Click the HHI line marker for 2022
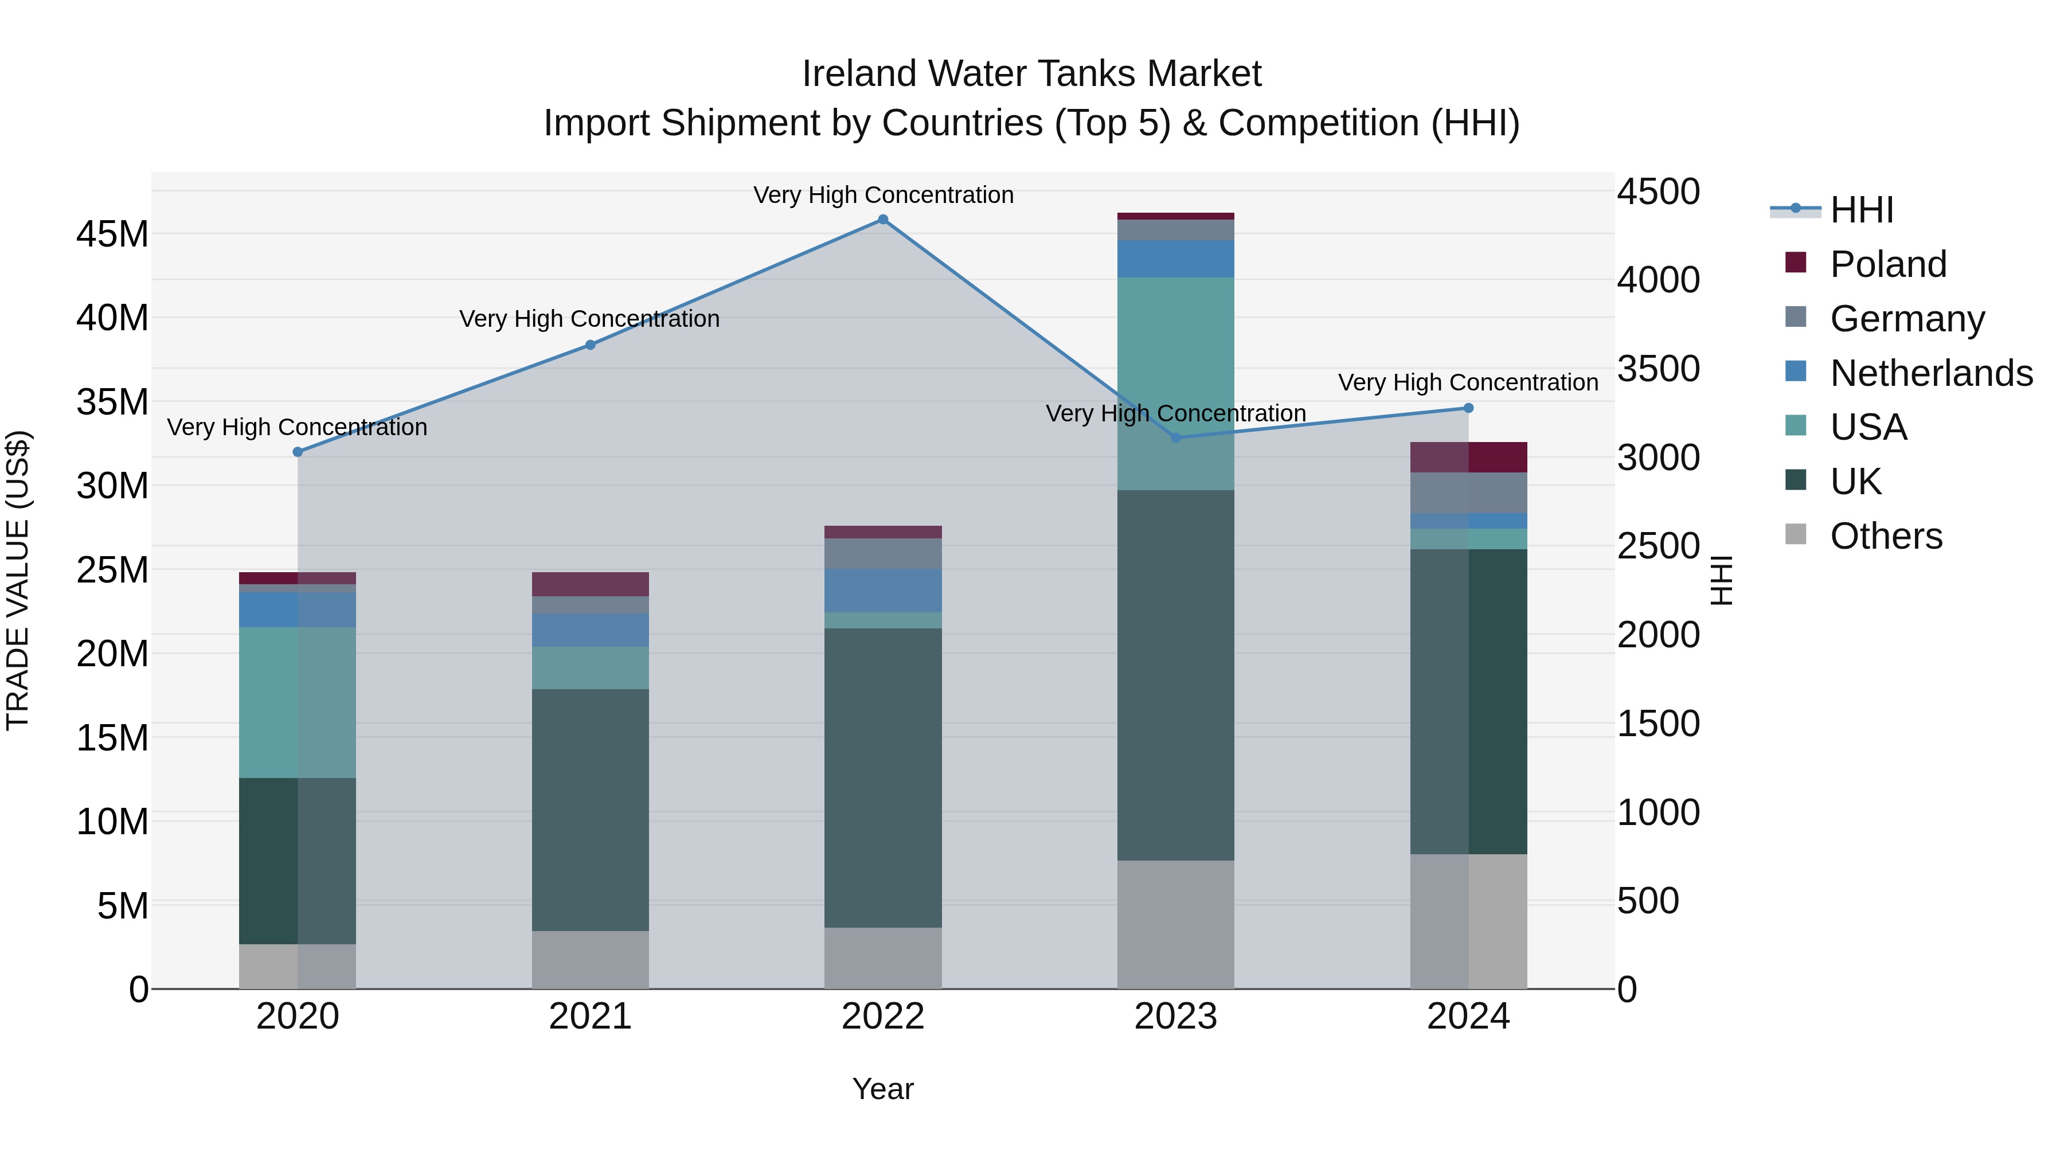(x=883, y=220)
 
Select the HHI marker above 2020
(x=298, y=452)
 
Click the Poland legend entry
(x=1888, y=264)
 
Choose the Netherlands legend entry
(x=1931, y=373)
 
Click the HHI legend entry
(x=1861, y=210)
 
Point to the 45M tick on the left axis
(x=112, y=234)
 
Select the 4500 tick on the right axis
(x=1658, y=192)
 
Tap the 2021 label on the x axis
(x=591, y=1017)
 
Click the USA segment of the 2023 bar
(x=1175, y=383)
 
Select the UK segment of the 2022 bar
(x=883, y=777)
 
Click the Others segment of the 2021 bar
(x=591, y=959)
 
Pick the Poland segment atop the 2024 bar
(x=1469, y=458)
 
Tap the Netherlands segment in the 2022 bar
(x=883, y=591)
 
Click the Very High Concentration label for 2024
(x=1468, y=383)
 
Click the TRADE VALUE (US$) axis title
(x=18, y=580)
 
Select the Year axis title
(x=883, y=1089)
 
